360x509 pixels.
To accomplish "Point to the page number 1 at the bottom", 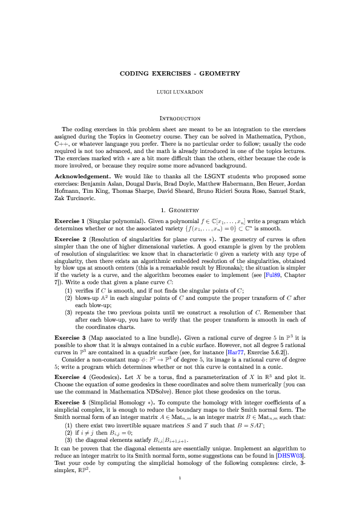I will [180, 496].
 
